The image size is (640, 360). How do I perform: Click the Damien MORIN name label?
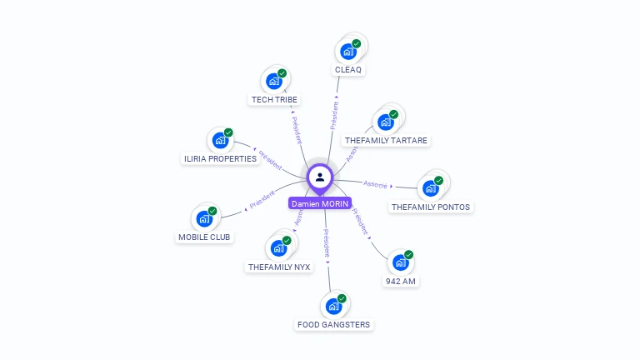tap(320, 203)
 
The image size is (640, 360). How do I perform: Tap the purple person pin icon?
tap(320, 177)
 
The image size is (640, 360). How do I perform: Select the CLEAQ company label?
tap(348, 69)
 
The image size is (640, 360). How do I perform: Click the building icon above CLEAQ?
tap(348, 52)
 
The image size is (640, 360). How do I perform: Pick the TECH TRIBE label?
tap(274, 99)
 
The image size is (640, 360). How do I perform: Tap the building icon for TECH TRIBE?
tap(273, 82)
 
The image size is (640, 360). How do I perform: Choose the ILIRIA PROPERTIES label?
tap(220, 158)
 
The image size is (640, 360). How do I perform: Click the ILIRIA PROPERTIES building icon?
tap(220, 140)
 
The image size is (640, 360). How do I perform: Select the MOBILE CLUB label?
tap(205, 237)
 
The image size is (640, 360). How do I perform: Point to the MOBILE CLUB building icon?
tap(204, 219)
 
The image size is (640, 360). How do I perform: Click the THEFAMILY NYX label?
tap(279, 267)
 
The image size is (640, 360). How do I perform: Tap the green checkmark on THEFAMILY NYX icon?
tap(287, 241)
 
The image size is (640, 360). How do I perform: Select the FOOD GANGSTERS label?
tap(333, 324)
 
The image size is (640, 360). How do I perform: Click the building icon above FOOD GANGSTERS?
tap(333, 306)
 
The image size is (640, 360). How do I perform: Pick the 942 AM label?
tap(400, 281)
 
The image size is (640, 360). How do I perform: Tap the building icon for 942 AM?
tap(400, 262)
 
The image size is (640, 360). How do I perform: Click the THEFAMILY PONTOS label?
tap(431, 207)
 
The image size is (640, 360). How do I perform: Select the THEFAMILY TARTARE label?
tap(386, 141)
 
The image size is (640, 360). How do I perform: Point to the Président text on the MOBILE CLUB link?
tap(262, 200)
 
